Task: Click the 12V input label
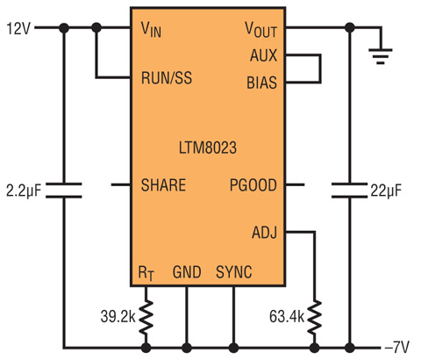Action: pos(18,29)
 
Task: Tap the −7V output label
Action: pos(397,348)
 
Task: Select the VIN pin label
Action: pos(151,30)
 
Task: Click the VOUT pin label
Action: pos(260,30)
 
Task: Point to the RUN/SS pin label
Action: pos(167,78)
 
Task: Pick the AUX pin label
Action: pos(263,55)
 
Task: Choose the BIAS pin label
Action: pos(261,83)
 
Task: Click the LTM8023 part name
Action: pos(208,148)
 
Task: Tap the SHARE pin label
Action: pos(163,185)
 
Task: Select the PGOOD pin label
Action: pos(253,185)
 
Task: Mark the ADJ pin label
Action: pos(264,233)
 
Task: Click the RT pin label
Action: pos(146,273)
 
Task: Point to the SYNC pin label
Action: pos(234,272)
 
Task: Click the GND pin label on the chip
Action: pos(187,272)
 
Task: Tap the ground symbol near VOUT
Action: pos(381,56)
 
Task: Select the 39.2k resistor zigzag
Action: pos(146,317)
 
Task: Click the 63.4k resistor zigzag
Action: pos(315,317)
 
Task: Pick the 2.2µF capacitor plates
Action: pos(64,191)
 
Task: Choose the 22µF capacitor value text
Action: pos(386,191)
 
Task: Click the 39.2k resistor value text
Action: pos(118,316)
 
